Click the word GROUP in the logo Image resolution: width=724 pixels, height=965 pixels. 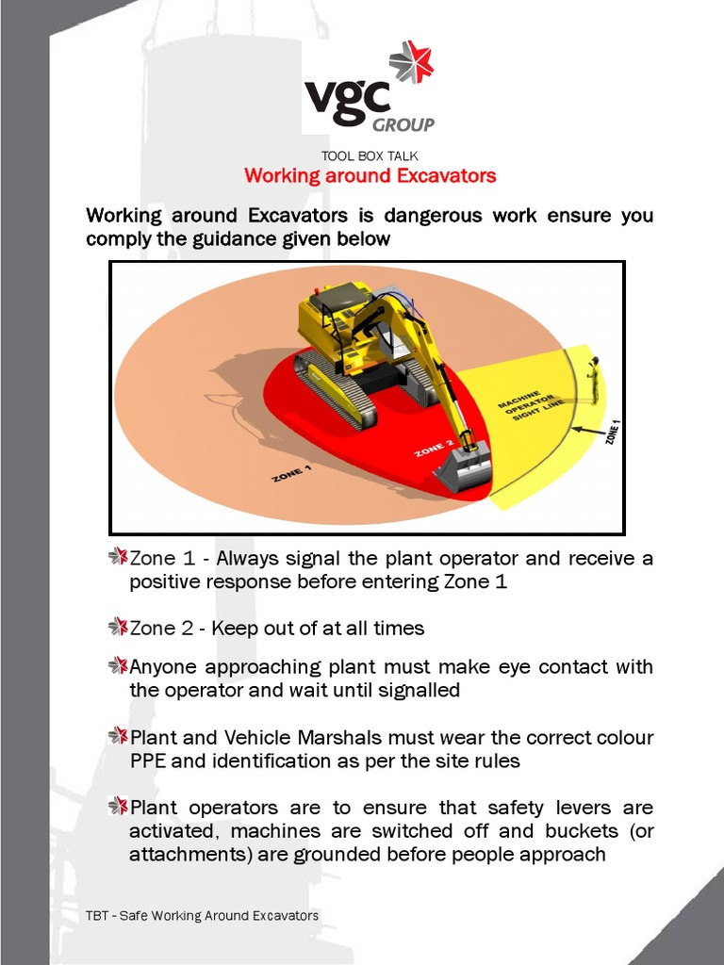click(403, 124)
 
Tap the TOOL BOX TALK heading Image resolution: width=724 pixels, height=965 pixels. click(370, 155)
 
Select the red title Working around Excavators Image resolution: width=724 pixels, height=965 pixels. click(370, 176)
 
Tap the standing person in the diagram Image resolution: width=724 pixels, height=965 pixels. click(593, 379)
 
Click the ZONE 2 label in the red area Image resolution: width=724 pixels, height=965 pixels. click(435, 448)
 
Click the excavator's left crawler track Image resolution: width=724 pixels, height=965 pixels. click(329, 391)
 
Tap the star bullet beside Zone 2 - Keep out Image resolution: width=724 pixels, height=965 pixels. click(118, 627)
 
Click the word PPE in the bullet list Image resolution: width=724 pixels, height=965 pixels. click(147, 761)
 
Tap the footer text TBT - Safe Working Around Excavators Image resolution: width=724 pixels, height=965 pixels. click(202, 916)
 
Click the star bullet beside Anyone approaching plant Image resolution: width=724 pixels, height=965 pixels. click(118, 666)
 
